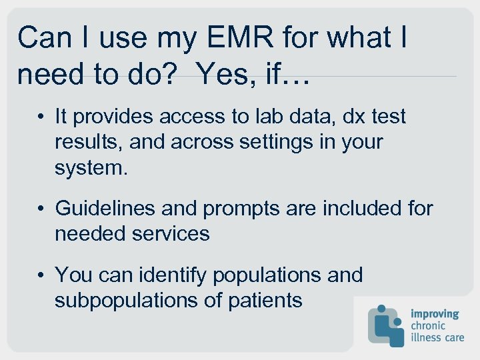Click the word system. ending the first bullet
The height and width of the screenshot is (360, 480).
click(x=91, y=167)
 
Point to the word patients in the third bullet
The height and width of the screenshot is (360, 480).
click(x=265, y=300)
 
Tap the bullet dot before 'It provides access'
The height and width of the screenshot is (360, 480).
click(x=41, y=117)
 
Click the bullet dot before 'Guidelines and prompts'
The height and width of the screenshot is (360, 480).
click(x=41, y=209)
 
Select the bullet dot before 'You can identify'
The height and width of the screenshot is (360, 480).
click(x=41, y=275)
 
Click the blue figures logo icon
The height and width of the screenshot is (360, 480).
click(x=387, y=325)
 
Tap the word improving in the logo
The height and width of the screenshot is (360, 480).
click(x=435, y=313)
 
